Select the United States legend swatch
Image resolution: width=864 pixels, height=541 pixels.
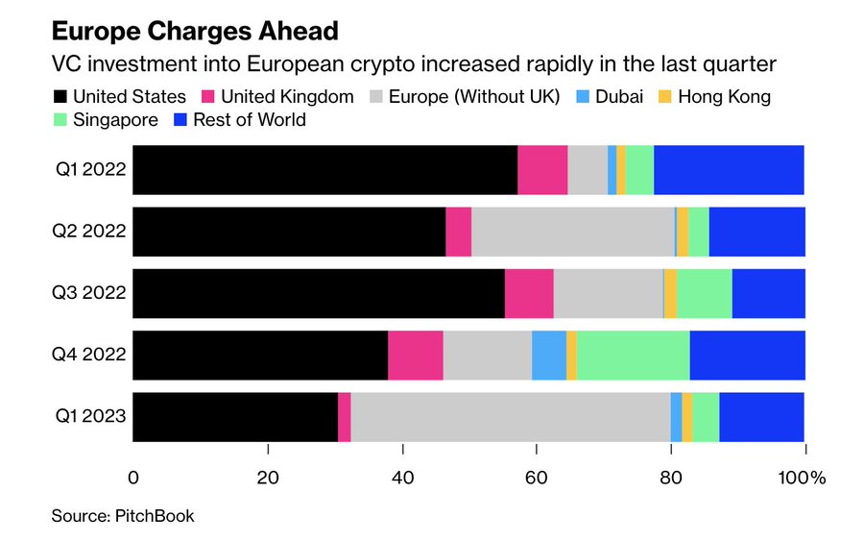60,96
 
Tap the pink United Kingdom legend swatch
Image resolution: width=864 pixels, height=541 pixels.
207,96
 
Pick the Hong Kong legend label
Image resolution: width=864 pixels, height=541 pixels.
726,96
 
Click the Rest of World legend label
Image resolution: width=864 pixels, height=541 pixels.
250,120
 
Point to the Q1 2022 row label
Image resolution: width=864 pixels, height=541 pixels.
90,170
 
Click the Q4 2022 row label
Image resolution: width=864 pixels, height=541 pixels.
90,355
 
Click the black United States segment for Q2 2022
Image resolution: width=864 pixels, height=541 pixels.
289,232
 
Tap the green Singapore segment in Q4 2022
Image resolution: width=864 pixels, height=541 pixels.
633,355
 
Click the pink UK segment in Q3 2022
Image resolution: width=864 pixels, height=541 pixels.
529,293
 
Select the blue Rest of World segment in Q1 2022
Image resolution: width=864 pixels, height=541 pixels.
729,170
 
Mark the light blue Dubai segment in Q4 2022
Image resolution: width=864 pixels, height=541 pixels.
549,355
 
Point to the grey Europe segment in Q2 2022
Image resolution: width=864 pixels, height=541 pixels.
573,232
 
